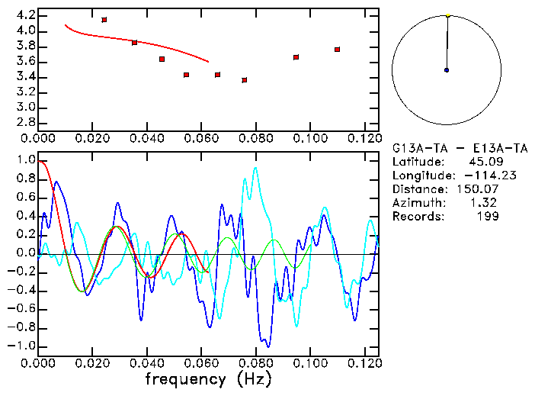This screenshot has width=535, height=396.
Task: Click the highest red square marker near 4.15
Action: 104,20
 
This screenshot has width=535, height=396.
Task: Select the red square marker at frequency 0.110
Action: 337,50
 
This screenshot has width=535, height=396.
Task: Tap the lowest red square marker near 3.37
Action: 244,80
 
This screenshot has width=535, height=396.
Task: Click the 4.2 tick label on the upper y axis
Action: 25,15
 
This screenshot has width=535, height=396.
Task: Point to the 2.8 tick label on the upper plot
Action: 25,122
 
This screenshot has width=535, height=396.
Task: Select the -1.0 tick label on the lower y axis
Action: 21,346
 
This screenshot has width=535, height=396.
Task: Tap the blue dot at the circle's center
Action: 447,70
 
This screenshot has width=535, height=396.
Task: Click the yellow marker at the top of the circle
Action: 448,15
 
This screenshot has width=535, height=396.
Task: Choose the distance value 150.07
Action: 477,189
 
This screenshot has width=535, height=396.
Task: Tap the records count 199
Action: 487,217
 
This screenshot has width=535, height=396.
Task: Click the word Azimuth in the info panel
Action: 416,203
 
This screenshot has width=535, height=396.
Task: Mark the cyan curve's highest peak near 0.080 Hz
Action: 255,168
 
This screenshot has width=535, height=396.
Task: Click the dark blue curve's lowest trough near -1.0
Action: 266,346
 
